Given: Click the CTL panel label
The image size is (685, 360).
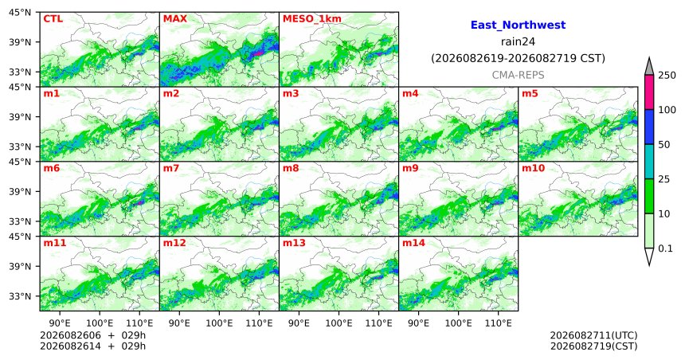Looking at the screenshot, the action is (53, 19).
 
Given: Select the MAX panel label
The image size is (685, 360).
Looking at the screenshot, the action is (174, 19).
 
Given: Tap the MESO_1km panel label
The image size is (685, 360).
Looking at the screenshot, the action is (312, 19).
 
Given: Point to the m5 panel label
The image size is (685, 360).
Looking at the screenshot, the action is (530, 93).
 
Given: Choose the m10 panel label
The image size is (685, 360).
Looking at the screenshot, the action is (533, 168).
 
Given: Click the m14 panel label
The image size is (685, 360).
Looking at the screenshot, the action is (413, 243).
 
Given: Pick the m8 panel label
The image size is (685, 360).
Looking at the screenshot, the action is (291, 168).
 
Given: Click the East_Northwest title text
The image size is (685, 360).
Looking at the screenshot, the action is (518, 25).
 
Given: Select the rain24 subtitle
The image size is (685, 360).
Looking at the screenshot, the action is (518, 41).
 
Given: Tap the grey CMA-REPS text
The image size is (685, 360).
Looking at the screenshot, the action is (518, 75).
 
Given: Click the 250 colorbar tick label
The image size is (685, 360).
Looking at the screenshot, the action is (667, 76).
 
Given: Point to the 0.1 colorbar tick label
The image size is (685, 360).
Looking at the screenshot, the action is (665, 248).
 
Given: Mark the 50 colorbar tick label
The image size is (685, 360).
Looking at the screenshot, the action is (664, 145).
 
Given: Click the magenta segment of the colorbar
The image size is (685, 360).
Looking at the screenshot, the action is (649, 92).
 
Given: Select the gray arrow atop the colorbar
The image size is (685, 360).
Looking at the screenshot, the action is (649, 66).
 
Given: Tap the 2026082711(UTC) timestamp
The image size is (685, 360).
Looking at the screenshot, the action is (593, 335).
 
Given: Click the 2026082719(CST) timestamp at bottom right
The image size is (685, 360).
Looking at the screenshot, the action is (593, 346).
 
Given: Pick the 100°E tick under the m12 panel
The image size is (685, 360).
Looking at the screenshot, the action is (219, 323).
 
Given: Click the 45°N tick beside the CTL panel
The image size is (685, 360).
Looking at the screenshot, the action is (20, 12).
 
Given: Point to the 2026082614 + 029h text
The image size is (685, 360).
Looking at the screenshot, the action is (92, 346).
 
